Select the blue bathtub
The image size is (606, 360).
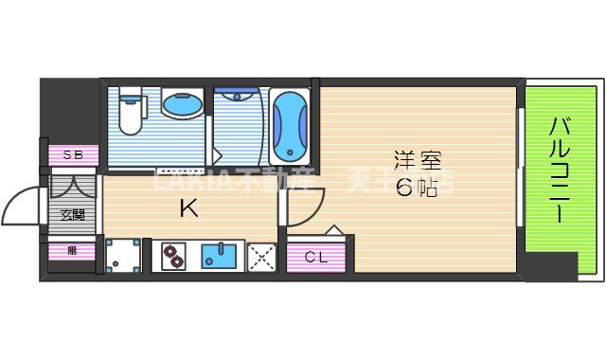pos(288,127)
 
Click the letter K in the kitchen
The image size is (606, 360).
pos(189,209)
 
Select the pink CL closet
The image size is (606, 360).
pos(316,257)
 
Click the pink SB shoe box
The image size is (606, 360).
pos(72,154)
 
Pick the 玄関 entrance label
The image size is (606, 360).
pos(73,214)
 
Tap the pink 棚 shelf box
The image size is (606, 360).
pos(72,251)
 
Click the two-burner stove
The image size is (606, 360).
pos(173,255)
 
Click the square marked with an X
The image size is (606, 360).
pos(260,255)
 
